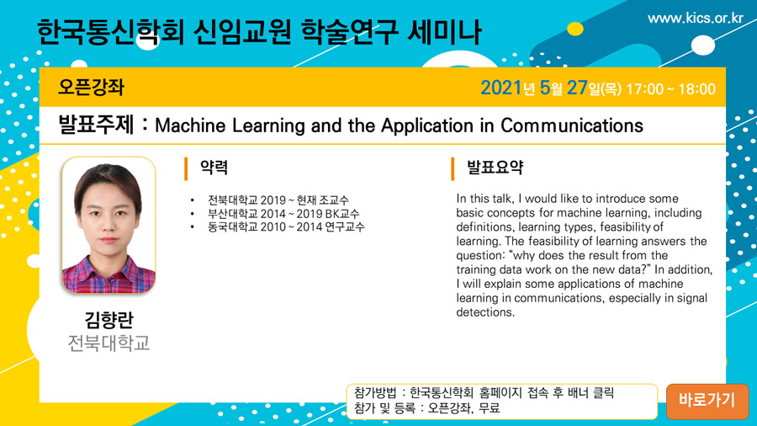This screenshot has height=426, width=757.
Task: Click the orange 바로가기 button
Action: (x=707, y=401)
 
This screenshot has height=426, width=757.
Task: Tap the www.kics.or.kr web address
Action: (x=696, y=19)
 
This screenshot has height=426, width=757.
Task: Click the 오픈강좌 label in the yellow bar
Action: (x=91, y=88)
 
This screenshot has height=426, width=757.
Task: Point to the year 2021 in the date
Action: (x=501, y=88)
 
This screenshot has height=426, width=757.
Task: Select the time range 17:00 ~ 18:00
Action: (x=670, y=89)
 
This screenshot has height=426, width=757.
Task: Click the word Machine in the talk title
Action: (x=190, y=125)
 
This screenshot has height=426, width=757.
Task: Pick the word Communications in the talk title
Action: (x=572, y=125)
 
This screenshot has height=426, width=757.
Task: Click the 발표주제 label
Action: (x=96, y=125)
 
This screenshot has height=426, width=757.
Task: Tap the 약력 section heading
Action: (x=214, y=168)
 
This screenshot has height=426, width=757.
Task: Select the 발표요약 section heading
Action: (x=495, y=168)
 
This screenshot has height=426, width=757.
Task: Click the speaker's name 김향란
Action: (x=109, y=320)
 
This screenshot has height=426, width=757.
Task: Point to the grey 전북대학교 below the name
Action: (x=109, y=343)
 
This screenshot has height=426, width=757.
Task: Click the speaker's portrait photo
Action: (x=109, y=225)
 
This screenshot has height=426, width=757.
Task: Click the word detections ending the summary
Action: (x=485, y=312)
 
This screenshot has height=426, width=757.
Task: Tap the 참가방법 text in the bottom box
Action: (x=375, y=392)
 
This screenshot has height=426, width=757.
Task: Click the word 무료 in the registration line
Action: (x=489, y=408)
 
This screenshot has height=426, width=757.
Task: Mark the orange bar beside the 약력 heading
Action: (x=186, y=169)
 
